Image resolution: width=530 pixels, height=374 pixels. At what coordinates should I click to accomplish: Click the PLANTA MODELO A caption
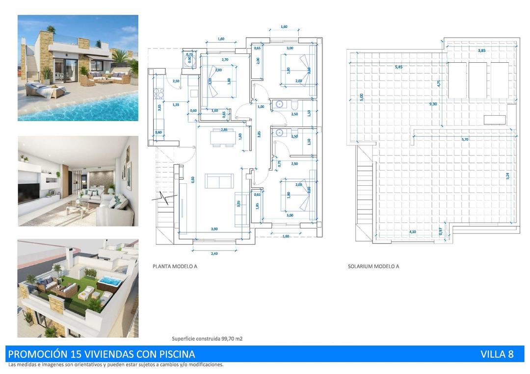tap(175, 267)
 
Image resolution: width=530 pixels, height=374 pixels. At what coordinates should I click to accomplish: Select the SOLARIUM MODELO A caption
tap(373, 267)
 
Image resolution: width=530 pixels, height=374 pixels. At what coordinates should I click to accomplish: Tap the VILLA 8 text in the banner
tap(497, 354)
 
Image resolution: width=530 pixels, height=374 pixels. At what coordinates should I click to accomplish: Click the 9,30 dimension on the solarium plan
tap(433, 104)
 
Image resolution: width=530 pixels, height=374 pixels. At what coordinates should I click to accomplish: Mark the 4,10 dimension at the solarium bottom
tap(413, 232)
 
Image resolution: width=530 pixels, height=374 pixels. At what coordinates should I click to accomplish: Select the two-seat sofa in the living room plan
tap(219, 181)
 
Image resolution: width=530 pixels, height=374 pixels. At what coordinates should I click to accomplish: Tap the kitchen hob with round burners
tap(159, 92)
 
